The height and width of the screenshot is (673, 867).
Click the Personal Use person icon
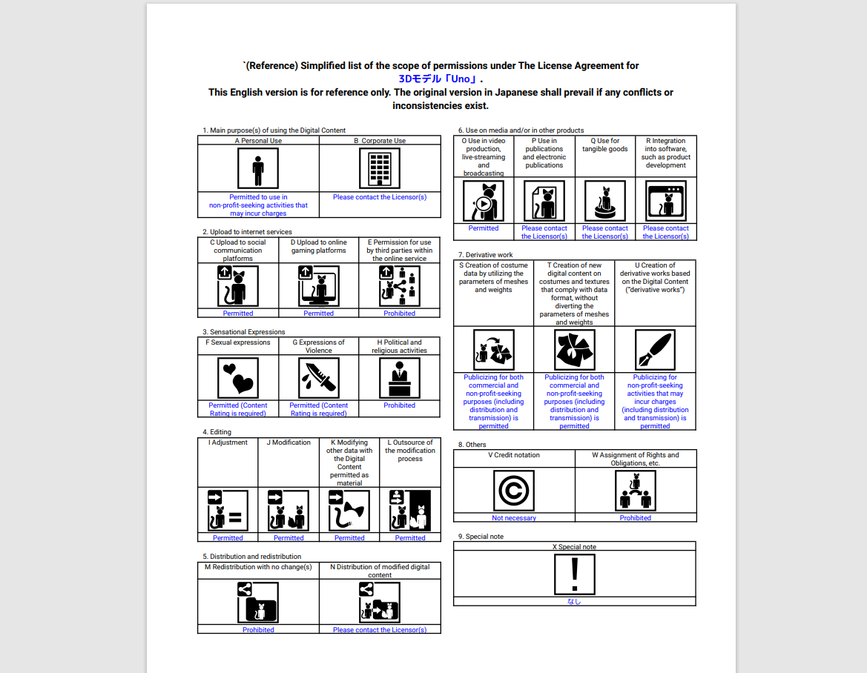click(x=257, y=168)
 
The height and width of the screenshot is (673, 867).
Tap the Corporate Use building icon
click(x=379, y=168)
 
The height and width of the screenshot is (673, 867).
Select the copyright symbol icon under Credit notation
click(x=514, y=491)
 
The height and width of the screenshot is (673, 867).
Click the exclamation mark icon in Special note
click(x=575, y=574)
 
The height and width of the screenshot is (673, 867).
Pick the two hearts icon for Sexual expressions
click(x=238, y=378)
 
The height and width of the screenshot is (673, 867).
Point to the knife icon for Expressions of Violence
click(x=318, y=378)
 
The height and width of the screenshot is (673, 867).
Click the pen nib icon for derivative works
click(x=655, y=350)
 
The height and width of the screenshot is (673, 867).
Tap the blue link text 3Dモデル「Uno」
click(x=438, y=79)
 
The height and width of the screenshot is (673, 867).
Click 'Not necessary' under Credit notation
click(x=514, y=518)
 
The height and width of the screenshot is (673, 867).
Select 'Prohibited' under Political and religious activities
click(x=399, y=405)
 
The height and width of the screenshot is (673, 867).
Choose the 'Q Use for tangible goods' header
click(x=605, y=145)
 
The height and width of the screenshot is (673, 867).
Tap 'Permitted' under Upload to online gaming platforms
click(x=318, y=314)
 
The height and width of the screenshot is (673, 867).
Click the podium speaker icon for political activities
click(x=399, y=378)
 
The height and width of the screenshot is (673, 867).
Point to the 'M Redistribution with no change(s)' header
click(x=258, y=567)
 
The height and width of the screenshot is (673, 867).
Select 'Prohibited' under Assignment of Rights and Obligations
click(x=636, y=518)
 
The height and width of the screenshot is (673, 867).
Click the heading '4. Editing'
click(x=217, y=432)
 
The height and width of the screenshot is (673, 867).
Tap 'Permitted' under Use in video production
click(x=484, y=228)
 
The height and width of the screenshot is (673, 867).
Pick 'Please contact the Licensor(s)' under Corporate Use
click(x=379, y=196)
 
